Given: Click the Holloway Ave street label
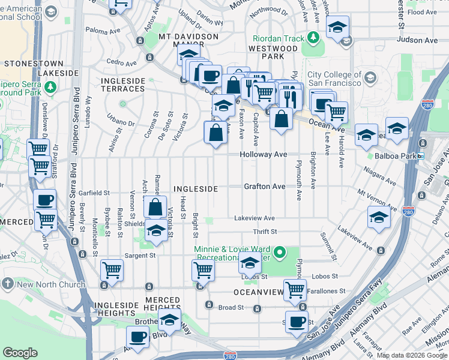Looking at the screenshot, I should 264,154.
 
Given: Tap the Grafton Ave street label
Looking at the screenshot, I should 264,187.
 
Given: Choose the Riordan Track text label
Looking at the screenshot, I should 279,38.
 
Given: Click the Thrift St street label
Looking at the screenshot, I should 265,232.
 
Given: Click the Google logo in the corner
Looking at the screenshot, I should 20,353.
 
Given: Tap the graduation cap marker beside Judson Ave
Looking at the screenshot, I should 338,27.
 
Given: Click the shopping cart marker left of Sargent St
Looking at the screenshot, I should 112,271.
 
